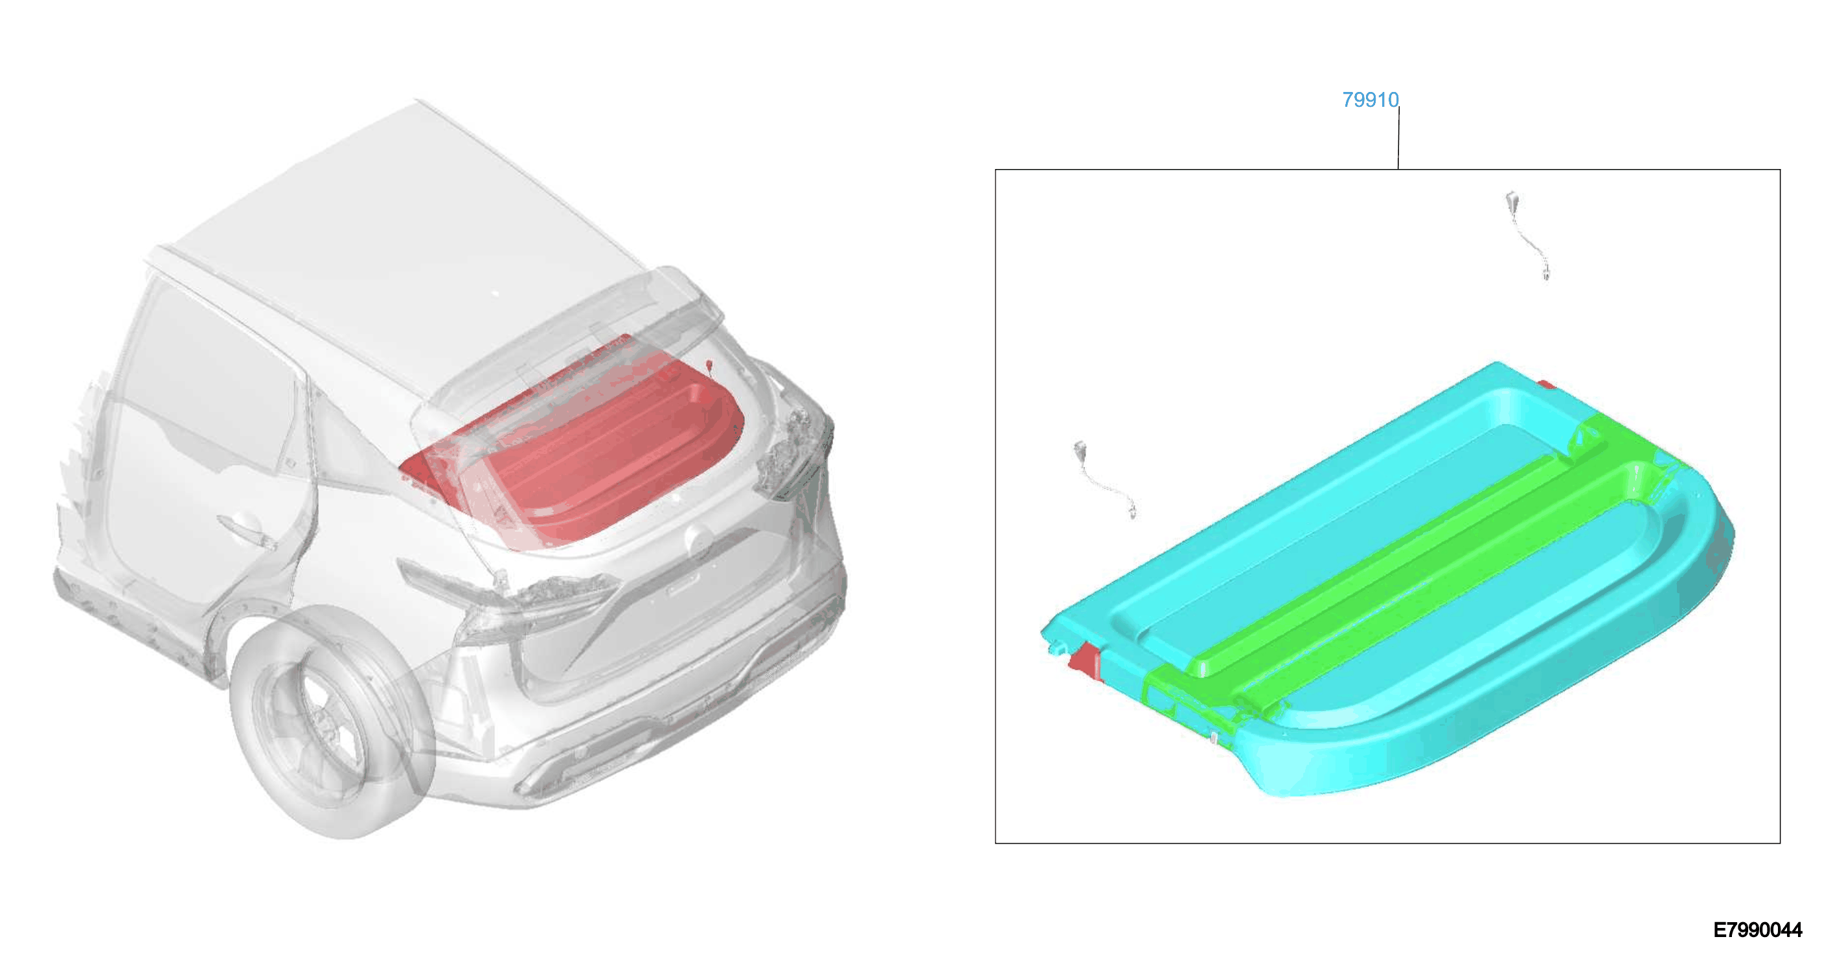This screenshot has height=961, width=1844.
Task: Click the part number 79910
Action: tap(1370, 100)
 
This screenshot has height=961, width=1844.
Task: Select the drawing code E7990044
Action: tap(1757, 929)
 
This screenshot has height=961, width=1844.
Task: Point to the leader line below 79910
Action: tap(1399, 138)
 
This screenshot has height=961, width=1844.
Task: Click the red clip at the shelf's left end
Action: tap(1087, 661)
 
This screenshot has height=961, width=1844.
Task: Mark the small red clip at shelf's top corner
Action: tap(1546, 385)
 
